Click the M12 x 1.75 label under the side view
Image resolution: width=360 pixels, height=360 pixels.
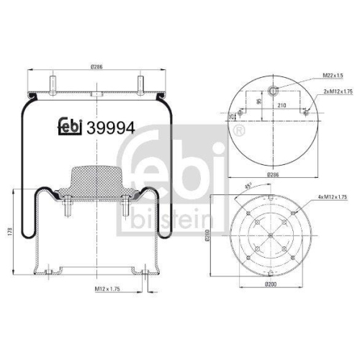pos(109,288)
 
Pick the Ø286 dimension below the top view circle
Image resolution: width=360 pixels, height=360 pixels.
pos(272,174)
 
